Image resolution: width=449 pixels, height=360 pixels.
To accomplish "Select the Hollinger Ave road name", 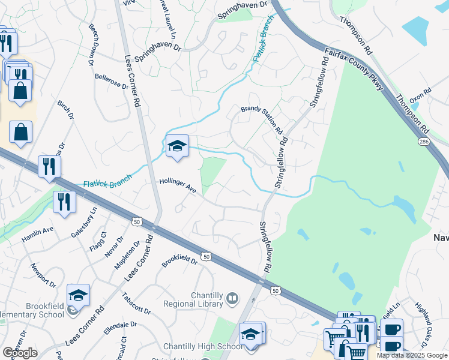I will tap(178, 185).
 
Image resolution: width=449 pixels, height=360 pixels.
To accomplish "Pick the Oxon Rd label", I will tap(420, 96).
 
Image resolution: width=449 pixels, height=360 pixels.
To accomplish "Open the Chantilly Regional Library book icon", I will tap(232, 298).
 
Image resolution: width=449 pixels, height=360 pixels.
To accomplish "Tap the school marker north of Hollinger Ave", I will tap(177, 146).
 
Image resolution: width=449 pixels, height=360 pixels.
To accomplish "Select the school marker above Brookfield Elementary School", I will tap(78, 295).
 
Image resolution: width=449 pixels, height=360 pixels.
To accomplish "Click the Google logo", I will tap(20, 353).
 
